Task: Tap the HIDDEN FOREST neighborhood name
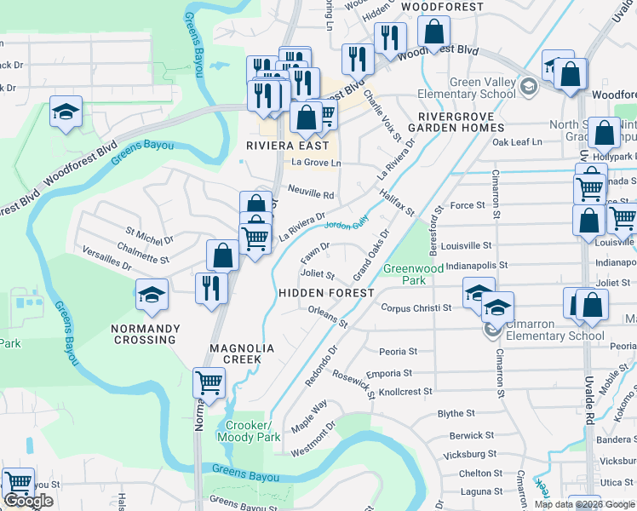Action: (x=327, y=293)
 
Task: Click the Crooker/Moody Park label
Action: (x=249, y=431)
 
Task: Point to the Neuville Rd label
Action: (x=310, y=194)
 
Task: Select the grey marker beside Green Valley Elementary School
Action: (x=529, y=86)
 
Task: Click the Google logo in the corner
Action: (x=29, y=501)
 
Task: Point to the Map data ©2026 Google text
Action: (x=584, y=504)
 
